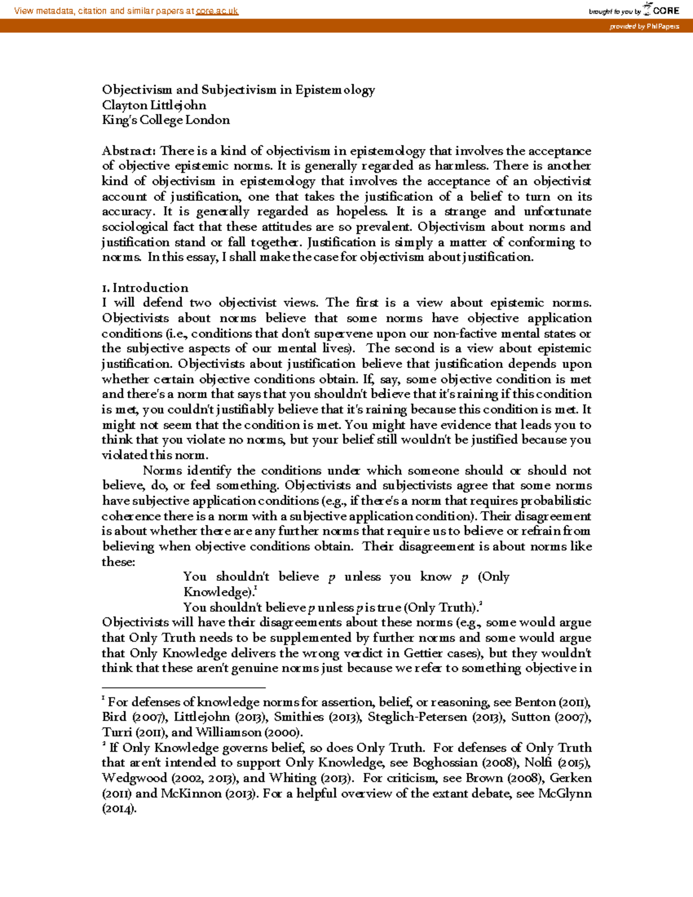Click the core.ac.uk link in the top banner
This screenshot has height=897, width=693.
point(217,11)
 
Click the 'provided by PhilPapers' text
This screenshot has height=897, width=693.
point(644,27)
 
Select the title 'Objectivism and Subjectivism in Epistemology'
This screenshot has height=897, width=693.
point(239,90)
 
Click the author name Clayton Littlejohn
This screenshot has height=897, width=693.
point(154,105)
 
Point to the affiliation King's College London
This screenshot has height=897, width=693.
point(166,120)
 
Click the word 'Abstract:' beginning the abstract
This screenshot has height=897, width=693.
point(129,151)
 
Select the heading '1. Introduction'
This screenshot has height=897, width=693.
point(145,288)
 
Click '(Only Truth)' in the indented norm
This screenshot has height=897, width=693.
point(442,607)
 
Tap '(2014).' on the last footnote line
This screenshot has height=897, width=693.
point(120,809)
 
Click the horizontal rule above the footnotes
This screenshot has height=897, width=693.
point(183,688)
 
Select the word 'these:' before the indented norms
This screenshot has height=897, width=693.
point(118,562)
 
